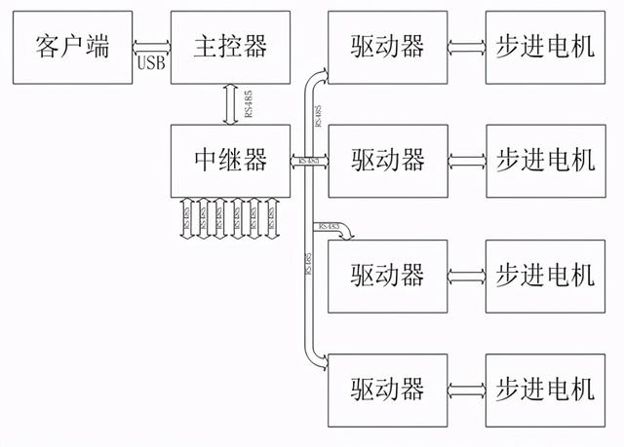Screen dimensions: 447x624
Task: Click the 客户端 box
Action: [x=70, y=46]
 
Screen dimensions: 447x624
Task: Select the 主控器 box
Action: [x=230, y=46]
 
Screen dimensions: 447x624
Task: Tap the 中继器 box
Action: [x=230, y=159]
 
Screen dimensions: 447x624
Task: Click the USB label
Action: [x=152, y=64]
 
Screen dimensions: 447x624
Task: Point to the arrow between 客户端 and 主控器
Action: [x=151, y=46]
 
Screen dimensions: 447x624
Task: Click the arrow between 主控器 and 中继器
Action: [x=230, y=104]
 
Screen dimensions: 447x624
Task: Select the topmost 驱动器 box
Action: [x=388, y=46]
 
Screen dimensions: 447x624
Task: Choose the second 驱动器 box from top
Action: [x=388, y=160]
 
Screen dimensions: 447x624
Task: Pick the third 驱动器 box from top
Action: [x=388, y=275]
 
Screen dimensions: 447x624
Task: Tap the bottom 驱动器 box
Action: [x=388, y=390]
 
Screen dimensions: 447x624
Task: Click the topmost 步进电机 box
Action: [x=545, y=46]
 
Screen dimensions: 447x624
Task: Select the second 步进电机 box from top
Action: [x=545, y=160]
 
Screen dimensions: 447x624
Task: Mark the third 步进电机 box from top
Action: [x=545, y=275]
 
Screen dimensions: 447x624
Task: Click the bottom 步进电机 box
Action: [x=545, y=390]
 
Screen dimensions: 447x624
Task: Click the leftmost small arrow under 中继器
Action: [x=188, y=216]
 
